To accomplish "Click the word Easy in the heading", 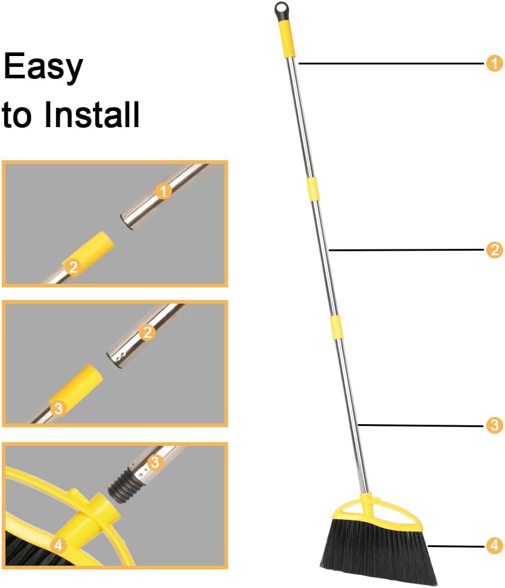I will click(43, 67).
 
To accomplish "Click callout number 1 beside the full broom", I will click(494, 63).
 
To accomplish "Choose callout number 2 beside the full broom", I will click(494, 250).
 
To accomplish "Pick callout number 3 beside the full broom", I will click(494, 425).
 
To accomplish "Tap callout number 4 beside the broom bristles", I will click(494, 546).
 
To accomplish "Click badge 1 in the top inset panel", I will click(164, 192).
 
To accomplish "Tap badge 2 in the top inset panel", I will click(73, 267).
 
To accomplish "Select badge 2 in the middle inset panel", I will click(147, 331).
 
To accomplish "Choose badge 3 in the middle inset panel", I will click(58, 408).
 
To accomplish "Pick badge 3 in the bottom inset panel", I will click(156, 463).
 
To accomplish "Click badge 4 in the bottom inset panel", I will click(58, 545).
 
